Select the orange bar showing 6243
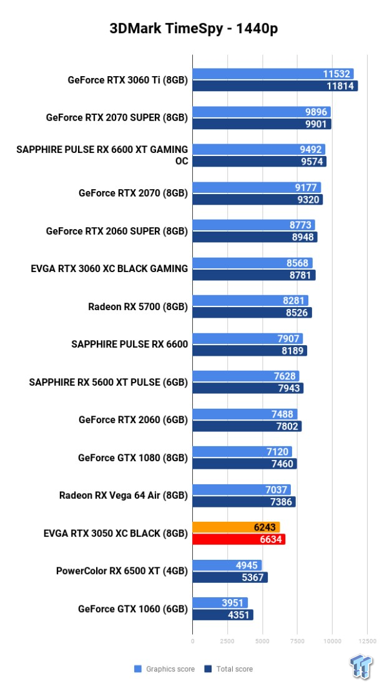click(x=236, y=527)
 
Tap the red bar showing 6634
click(x=238, y=539)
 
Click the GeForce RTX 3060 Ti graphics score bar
click(x=273, y=74)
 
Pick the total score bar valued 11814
click(x=275, y=86)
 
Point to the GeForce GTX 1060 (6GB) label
click(x=133, y=608)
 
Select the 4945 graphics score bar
click(x=227, y=565)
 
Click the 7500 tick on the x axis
click(x=297, y=640)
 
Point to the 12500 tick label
click(x=367, y=640)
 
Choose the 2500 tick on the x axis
click(x=227, y=640)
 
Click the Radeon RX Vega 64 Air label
click(x=124, y=496)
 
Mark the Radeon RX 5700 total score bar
click(x=252, y=313)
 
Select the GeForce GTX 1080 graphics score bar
click(x=242, y=451)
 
